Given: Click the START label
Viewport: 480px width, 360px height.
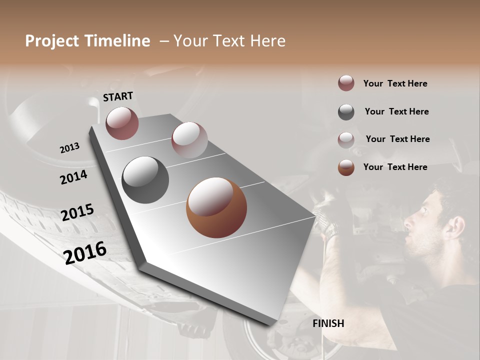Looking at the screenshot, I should point(118,96).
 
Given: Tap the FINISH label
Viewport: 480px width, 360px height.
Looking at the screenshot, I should point(328,323).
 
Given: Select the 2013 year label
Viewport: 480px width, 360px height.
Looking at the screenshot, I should point(69,148).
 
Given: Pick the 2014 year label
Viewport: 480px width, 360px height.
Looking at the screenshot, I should point(73,177).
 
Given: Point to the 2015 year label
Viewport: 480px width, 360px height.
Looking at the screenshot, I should point(77,212).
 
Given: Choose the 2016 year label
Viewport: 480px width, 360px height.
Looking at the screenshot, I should point(85,252).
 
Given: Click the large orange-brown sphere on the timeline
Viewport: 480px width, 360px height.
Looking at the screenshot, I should point(216,207).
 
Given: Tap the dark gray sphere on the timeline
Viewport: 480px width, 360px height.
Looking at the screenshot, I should point(145,180).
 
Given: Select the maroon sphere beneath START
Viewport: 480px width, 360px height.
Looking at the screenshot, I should point(122,123).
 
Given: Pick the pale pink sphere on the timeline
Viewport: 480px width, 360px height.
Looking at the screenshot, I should point(189,140).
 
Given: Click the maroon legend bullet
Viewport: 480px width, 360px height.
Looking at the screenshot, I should point(346,83).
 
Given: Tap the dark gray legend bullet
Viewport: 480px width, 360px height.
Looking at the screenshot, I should point(346,112).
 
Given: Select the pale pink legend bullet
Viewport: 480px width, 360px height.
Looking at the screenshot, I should point(346,140).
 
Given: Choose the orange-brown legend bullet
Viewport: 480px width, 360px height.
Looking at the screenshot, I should point(346,167).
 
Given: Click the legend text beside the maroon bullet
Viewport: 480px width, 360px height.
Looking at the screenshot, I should point(395,83).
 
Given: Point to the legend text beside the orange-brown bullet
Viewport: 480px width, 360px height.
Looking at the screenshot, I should point(395,167).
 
